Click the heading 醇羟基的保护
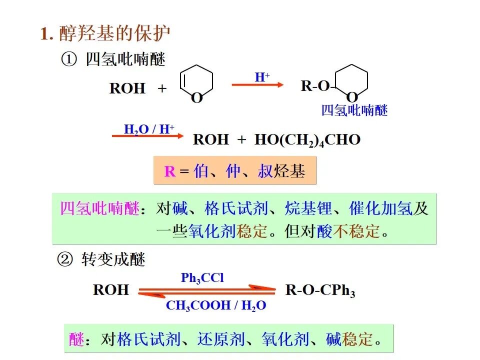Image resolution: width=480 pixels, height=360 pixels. [114, 33]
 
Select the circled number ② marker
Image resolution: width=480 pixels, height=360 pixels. [65, 260]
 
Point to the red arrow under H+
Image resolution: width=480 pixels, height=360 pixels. [257, 85]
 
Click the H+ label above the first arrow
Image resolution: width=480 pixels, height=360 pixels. [262, 77]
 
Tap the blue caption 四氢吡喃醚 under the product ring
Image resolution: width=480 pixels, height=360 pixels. [354, 110]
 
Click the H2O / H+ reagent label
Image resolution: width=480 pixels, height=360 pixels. [149, 129]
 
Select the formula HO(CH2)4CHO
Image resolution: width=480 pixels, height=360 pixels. [307, 139]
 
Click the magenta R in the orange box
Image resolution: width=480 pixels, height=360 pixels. [170, 172]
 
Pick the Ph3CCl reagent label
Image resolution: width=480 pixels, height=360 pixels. [202, 278]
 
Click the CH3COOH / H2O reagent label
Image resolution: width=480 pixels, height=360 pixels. [216, 305]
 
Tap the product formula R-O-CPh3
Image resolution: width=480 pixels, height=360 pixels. [320, 290]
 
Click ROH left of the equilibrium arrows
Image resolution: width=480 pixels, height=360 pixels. [111, 289]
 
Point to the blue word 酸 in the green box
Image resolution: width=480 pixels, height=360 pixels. [324, 231]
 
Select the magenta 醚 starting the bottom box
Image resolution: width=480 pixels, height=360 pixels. [76, 340]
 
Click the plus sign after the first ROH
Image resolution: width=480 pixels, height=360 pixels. [162, 89]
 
